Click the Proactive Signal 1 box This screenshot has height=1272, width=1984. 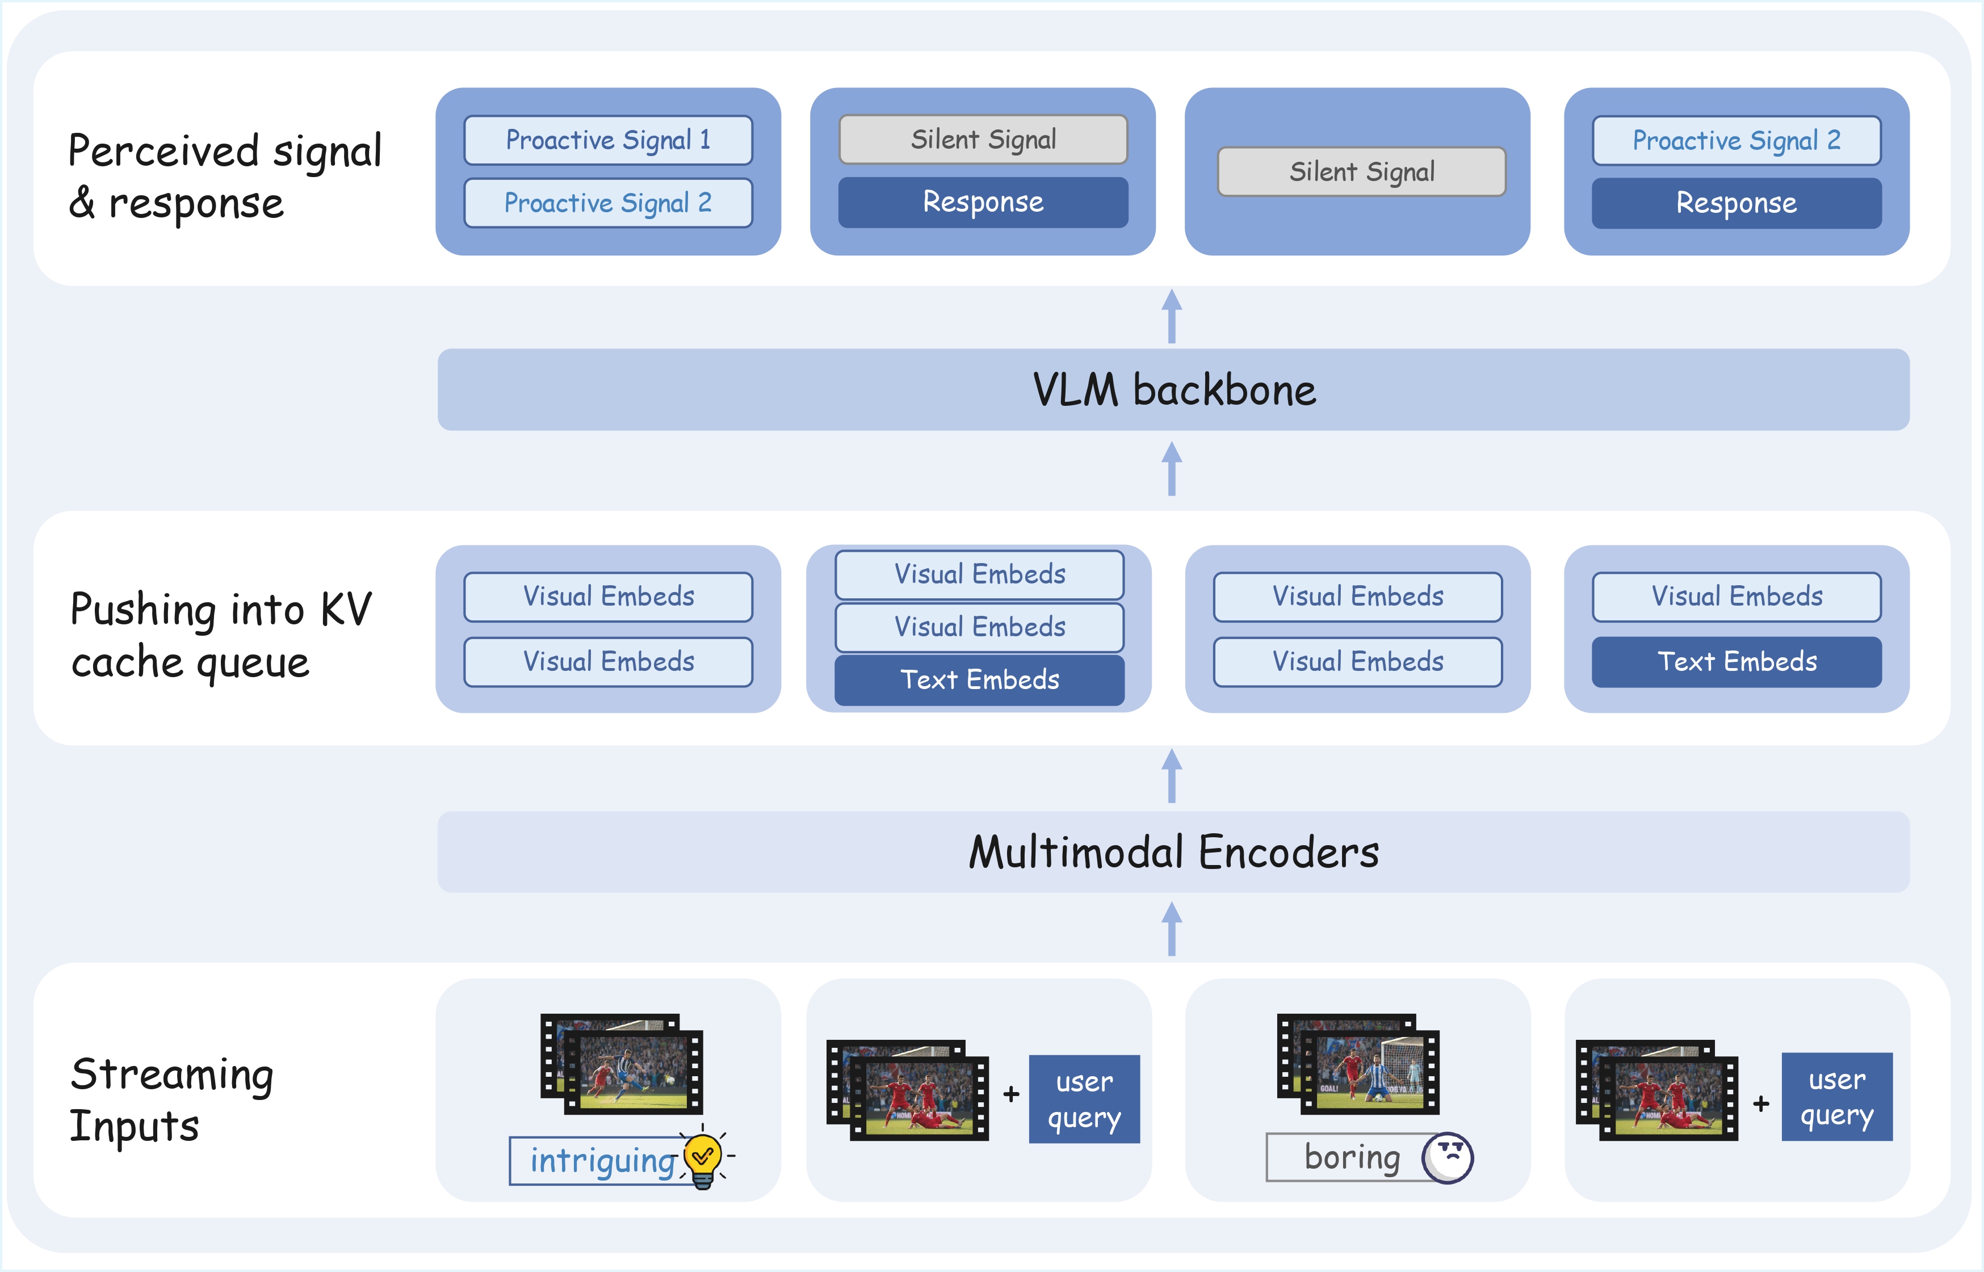click(x=608, y=140)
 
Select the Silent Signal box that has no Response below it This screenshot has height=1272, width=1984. click(x=1361, y=172)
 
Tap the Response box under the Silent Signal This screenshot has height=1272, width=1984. click(x=983, y=203)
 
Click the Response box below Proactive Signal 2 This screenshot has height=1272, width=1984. click(x=1736, y=203)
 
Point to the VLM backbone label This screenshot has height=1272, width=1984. click(x=1173, y=390)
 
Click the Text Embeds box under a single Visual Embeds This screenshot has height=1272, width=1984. click(x=1736, y=662)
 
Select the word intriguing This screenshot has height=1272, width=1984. click(x=601, y=1161)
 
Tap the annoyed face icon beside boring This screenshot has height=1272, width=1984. click(x=1447, y=1157)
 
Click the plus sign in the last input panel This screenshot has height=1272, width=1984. click(x=1761, y=1103)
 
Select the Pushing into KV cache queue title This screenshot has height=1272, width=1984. click(x=220, y=635)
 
